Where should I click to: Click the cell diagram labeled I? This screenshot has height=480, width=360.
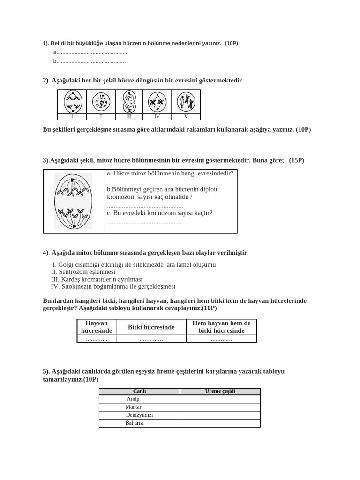[72, 102]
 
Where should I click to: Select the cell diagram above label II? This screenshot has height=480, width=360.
[101, 102]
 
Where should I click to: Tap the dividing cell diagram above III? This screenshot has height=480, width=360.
[129, 102]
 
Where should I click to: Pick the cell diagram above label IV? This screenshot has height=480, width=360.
[157, 102]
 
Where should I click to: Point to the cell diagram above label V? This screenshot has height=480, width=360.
[186, 102]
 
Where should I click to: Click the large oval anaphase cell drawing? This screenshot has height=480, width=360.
[73, 201]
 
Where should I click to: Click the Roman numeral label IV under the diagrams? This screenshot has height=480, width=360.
[157, 117]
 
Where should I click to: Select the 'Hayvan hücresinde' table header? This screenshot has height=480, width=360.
[97, 327]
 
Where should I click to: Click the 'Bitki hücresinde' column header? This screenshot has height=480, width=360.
[151, 327]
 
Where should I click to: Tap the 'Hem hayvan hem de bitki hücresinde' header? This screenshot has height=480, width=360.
[221, 327]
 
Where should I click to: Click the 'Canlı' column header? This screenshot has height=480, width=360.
[139, 391]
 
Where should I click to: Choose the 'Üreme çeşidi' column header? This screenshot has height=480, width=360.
[220, 391]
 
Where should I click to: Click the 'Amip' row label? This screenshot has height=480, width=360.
[133, 399]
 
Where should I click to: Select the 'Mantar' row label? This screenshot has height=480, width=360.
[134, 407]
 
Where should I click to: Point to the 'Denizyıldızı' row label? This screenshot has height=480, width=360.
[139, 415]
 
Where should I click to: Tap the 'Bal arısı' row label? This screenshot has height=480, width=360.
[135, 423]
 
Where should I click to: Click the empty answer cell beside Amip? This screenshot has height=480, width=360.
[220, 399]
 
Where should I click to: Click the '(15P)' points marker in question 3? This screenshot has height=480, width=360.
[296, 160]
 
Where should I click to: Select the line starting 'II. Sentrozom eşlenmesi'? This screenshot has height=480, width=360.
[83, 272]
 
